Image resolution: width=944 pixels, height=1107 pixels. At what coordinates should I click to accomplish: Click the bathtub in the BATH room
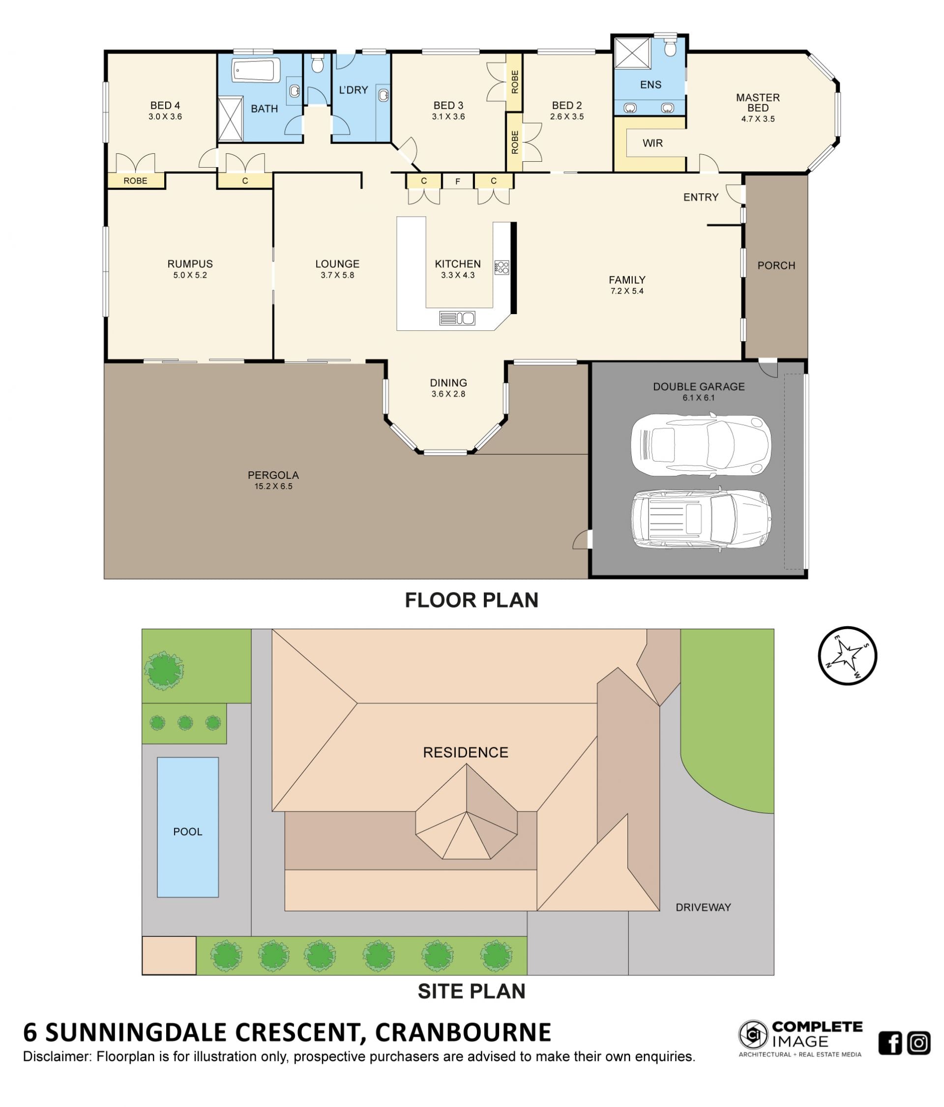point(256,70)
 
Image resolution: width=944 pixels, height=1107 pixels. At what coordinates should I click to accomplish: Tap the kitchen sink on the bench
point(457,318)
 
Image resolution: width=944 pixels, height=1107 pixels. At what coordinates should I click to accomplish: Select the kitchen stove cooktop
point(501,267)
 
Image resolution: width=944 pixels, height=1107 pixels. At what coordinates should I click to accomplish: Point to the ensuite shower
point(632,53)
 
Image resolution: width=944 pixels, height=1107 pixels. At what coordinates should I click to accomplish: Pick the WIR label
point(652,143)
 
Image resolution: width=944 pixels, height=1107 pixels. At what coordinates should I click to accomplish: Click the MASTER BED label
point(758,103)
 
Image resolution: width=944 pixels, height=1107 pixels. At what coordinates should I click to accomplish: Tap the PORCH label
point(776,265)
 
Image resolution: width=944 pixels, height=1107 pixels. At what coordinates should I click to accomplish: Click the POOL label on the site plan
point(187,831)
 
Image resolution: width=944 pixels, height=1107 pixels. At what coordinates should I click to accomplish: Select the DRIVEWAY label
point(703,907)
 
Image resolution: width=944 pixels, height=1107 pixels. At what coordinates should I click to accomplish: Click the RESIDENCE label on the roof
point(465,752)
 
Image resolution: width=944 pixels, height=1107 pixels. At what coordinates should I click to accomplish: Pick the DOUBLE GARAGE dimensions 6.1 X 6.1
point(698,398)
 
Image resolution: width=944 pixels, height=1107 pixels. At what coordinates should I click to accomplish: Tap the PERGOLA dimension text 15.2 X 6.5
point(273,486)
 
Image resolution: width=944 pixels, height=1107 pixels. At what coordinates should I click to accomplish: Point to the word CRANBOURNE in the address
point(463,1032)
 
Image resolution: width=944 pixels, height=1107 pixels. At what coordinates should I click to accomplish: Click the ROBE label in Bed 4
point(135,181)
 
